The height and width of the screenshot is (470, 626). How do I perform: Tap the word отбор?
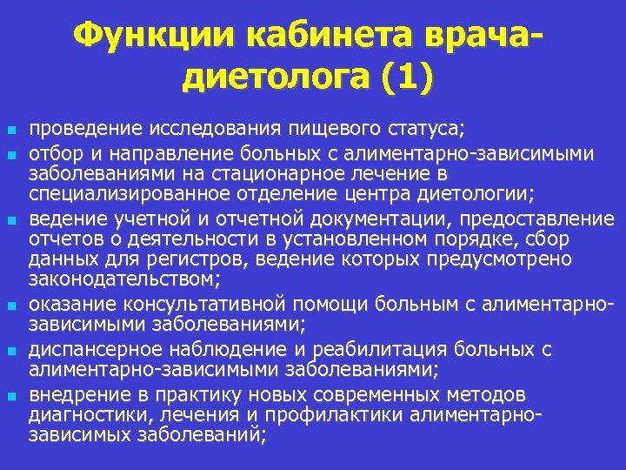click(x=54, y=153)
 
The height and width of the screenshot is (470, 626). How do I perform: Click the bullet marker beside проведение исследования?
click(x=11, y=131)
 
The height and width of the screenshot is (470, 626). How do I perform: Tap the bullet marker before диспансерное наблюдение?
click(x=11, y=352)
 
